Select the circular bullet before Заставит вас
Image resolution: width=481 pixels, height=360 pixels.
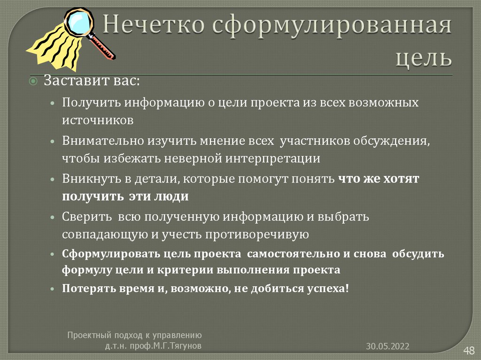(33, 81)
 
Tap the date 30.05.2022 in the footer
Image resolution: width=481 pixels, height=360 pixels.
(388, 346)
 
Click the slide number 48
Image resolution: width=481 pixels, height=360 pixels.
(469, 350)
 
